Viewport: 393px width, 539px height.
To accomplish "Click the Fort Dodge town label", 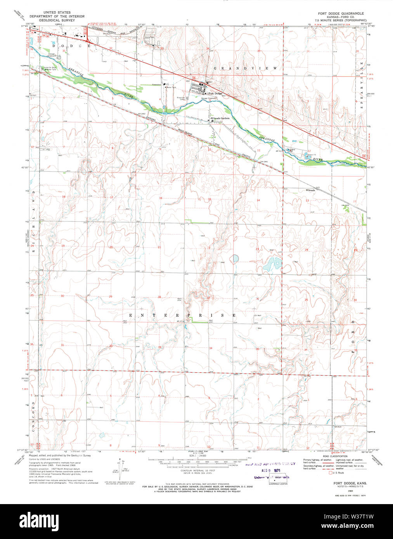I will coord(215,93).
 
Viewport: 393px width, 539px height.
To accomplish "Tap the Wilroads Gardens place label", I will coord(220,118).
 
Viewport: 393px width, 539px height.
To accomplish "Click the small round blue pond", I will coord(235,258).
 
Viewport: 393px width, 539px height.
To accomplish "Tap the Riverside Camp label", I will coord(181,98).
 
